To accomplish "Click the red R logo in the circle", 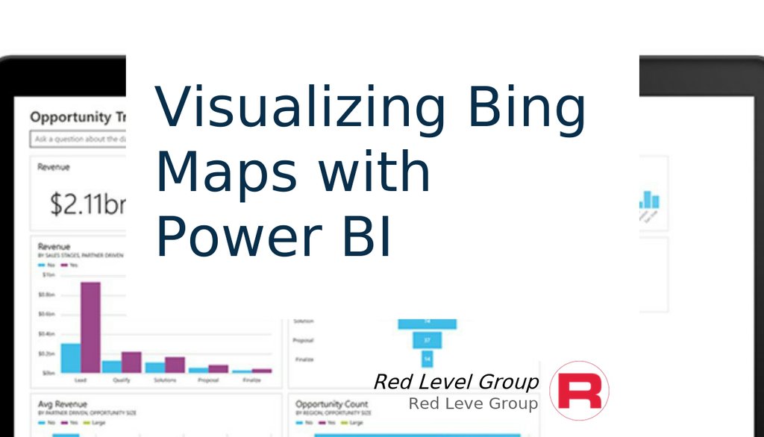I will pos(579,391).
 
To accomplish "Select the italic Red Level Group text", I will pos(455,383).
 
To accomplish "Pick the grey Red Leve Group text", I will pos(472,404).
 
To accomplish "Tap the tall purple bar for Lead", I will pos(90,327).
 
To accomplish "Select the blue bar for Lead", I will pos(71,357).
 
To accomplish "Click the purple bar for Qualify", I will pos(131,362).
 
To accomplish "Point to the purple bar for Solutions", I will pos(175,364).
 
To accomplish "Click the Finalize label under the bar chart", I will pos(251,380).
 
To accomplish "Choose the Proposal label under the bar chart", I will pos(208,380).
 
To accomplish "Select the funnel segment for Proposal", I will pos(428,340).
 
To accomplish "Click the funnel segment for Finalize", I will pos(428,359).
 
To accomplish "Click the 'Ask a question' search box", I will pos(78,139).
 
